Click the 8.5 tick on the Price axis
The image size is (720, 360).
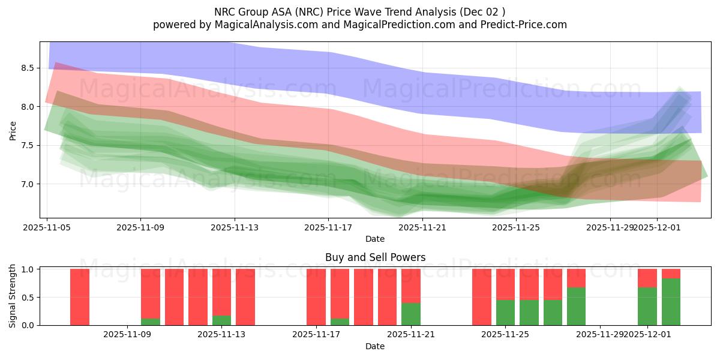tap(28, 68)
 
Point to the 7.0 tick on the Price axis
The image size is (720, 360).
tap(28, 184)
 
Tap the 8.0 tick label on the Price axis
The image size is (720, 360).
tap(28, 107)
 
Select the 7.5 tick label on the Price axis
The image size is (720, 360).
tap(28, 145)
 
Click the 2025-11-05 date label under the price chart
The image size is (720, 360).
tap(47, 227)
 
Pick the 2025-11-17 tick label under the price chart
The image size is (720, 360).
tap(328, 227)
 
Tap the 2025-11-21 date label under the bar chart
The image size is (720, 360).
tap(411, 334)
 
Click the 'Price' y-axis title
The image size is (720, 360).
tap(13, 130)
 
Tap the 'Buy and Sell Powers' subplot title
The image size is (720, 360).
tap(375, 257)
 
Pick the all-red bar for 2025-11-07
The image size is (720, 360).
tap(80, 297)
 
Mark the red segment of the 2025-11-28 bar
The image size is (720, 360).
tap(576, 278)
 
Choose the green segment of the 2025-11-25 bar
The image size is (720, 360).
tap(505, 313)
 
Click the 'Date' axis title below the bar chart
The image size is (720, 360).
tap(375, 346)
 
